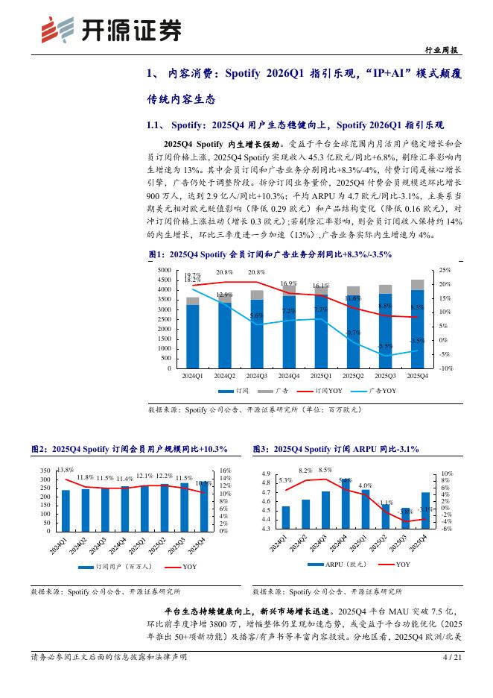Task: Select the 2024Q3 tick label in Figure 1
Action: pos(257,376)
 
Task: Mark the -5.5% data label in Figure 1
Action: pos(385,346)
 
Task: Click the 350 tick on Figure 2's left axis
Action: pos(45,471)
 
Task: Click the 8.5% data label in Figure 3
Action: pos(325,470)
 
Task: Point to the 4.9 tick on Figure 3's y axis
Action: pos(265,474)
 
